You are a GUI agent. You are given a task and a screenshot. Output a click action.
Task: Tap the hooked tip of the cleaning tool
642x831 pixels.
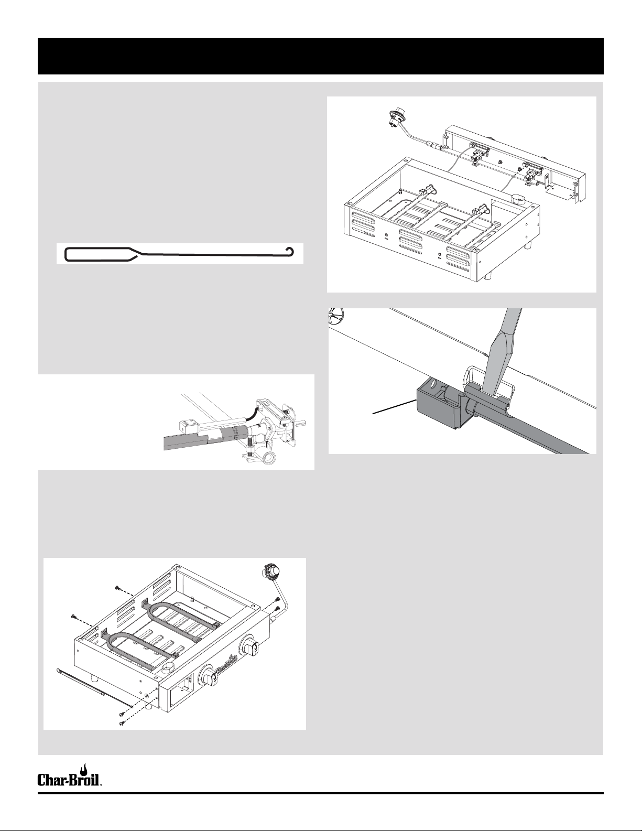tap(288, 248)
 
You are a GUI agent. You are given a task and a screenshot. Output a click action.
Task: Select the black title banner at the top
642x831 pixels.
tap(321, 56)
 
